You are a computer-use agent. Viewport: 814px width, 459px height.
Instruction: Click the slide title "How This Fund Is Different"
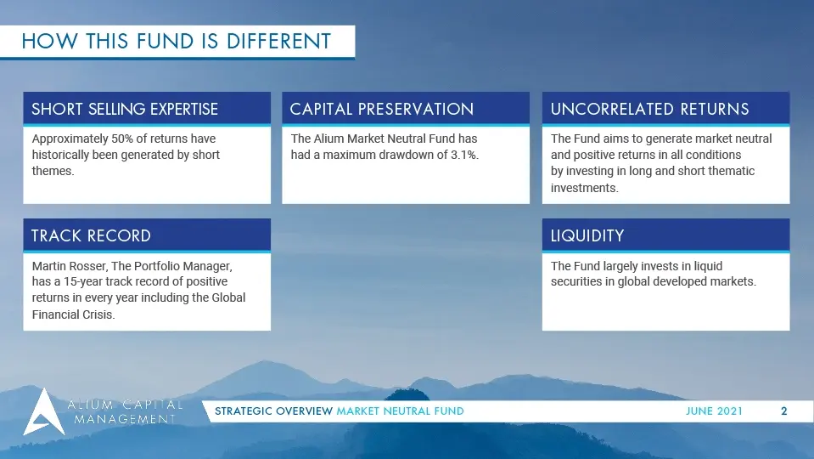[x=177, y=41]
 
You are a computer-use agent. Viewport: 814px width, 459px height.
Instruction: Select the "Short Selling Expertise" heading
[x=125, y=109]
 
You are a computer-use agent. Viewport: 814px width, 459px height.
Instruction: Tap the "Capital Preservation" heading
[x=382, y=109]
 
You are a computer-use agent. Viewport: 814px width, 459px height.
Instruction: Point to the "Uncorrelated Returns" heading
[x=649, y=109]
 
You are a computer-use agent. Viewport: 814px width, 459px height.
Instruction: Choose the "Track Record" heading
[x=91, y=236]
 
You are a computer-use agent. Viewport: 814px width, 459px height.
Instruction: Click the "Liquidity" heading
[x=587, y=236]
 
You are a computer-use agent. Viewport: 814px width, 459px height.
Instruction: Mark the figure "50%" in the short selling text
[x=122, y=139]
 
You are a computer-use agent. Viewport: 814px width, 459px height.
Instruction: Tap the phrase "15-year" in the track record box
[x=83, y=281]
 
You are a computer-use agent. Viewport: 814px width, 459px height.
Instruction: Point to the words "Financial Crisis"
[x=73, y=314]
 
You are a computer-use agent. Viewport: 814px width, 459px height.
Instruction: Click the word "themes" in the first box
[x=53, y=171]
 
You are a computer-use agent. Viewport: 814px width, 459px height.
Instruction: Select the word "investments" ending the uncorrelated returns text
[x=584, y=188]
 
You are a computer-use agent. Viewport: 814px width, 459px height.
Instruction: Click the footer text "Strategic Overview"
[x=273, y=411]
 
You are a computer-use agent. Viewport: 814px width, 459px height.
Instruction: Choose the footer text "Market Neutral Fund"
[x=401, y=411]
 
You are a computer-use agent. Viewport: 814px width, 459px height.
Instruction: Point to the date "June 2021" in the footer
[x=714, y=411]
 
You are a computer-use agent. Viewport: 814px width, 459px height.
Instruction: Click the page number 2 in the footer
[x=784, y=411]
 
